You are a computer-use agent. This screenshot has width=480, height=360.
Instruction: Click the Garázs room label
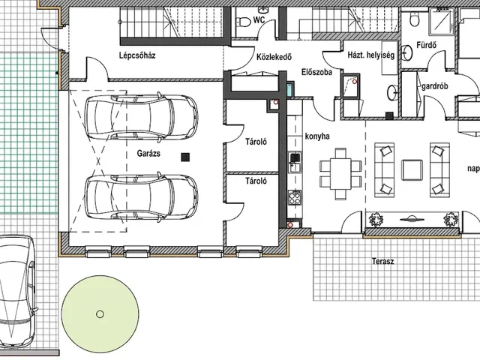coord(148,153)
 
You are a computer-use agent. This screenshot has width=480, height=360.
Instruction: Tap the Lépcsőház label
coord(137,55)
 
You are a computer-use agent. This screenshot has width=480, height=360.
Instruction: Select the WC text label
coord(259,20)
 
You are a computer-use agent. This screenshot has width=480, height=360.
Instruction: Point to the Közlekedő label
coord(274,57)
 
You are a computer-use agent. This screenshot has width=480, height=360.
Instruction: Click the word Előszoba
coord(316,73)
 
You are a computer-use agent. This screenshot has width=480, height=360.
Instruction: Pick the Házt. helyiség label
coord(371,55)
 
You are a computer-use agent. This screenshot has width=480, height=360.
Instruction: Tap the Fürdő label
coord(427,45)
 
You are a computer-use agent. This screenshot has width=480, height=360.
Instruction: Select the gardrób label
coord(435,86)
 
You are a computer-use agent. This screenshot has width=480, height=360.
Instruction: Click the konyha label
coord(317,136)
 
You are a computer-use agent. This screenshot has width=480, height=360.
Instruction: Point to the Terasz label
coord(383,262)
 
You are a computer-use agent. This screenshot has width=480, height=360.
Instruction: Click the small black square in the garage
coord(185,157)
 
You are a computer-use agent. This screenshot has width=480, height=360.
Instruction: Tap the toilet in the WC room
coord(243,22)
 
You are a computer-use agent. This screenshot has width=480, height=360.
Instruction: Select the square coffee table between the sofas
coord(412,169)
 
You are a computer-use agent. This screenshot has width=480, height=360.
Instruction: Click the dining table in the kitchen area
coord(340,173)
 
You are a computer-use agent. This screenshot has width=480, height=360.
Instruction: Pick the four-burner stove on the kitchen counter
coord(295,197)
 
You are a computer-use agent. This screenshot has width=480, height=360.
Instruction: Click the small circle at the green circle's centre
coord(100,313)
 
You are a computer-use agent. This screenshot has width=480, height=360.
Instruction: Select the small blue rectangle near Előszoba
coord(290,88)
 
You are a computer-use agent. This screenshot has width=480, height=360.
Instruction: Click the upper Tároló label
coord(256,142)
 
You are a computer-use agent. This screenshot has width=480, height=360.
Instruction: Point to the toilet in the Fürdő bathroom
coord(415,19)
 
